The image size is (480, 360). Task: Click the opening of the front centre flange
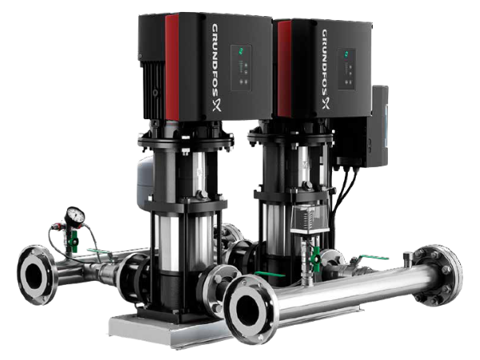pyautogui.click(x=245, y=309)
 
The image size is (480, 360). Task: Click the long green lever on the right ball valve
pyautogui.click(x=370, y=258)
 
